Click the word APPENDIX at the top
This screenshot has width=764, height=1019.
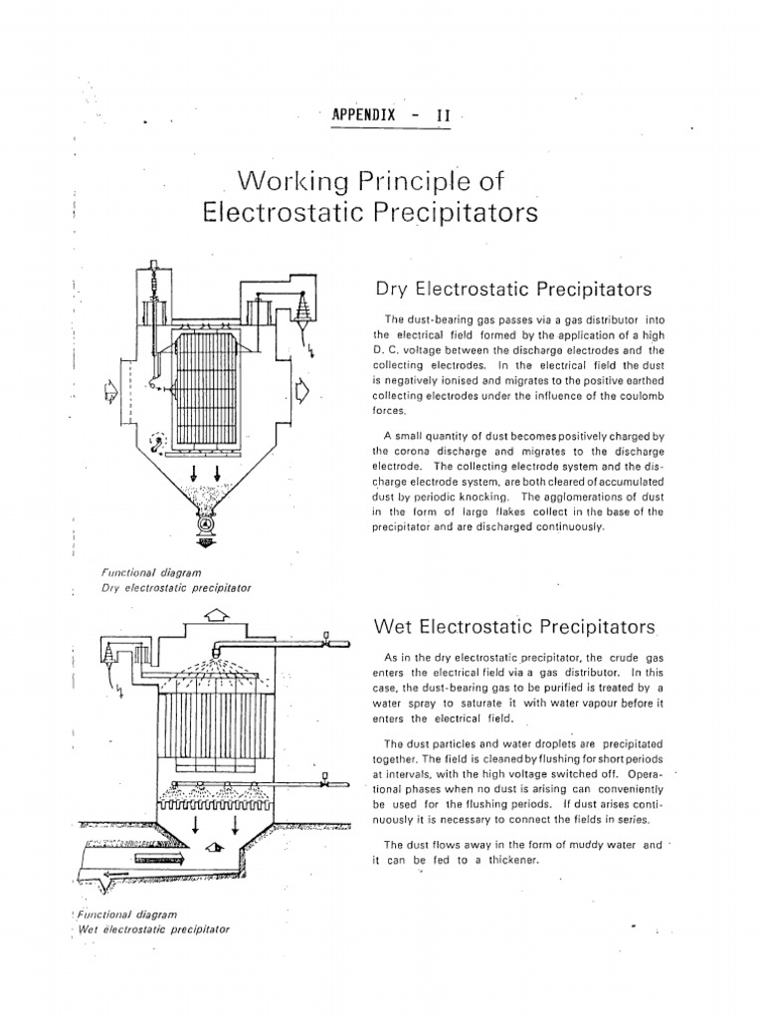360,114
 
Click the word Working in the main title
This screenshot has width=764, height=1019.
286,182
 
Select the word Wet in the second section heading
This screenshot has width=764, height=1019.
393,627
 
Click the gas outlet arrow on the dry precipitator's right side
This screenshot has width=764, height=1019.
303,396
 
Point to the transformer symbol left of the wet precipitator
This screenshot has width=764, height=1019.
108,654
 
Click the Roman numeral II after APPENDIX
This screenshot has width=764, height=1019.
444,114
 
